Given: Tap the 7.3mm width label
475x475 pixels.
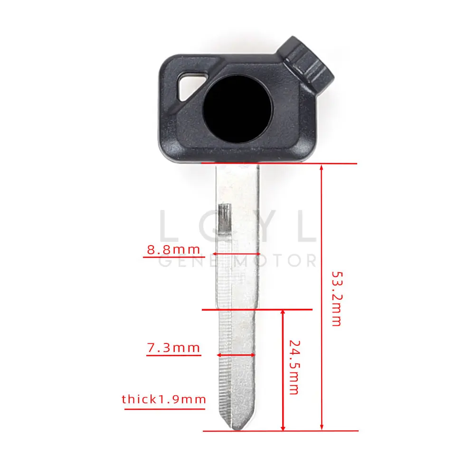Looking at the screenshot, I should coord(173,348).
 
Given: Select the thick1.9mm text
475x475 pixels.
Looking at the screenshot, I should coord(164,399).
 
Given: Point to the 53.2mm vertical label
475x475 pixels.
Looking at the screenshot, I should coord(336,298).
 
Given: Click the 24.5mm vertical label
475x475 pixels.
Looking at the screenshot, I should coord(294,367).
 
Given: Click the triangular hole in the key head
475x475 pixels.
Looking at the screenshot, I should coord(190,84).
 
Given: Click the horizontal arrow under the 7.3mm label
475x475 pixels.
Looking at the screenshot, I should coord(236,354).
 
